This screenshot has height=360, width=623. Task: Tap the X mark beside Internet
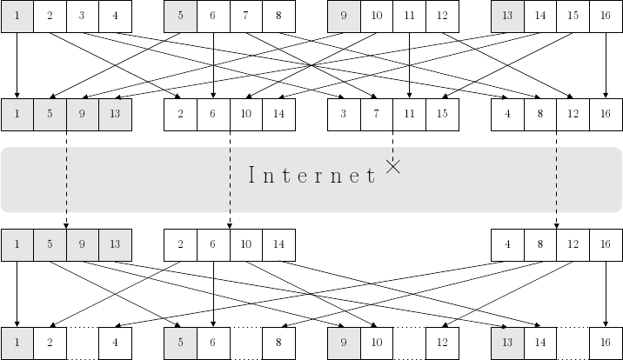tap(393, 167)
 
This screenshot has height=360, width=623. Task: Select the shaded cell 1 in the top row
tap(17, 17)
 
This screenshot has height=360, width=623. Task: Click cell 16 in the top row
tap(606, 17)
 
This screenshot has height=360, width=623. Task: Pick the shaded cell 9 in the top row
tap(344, 17)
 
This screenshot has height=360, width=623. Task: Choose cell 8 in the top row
tap(278, 17)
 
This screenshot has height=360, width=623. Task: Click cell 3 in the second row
tap(344, 114)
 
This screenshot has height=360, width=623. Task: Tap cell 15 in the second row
tap(442, 114)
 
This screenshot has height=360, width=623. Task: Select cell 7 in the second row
tap(377, 114)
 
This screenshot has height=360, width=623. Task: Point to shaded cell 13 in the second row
tap(115, 114)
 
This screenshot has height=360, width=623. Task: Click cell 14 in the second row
tap(278, 114)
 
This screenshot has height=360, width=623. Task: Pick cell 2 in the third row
tap(181, 245)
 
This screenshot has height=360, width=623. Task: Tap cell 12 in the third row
tap(573, 245)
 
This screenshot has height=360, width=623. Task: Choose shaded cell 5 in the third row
tap(50, 245)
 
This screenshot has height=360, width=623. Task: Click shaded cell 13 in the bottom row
tap(507, 343)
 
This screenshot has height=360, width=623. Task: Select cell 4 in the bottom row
tap(115, 343)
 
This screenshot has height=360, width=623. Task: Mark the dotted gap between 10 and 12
tap(409, 343)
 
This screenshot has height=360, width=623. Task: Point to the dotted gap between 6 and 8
tap(246, 343)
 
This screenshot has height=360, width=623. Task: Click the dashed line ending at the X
tap(393, 144)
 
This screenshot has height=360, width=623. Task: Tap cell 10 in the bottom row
tap(377, 343)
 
